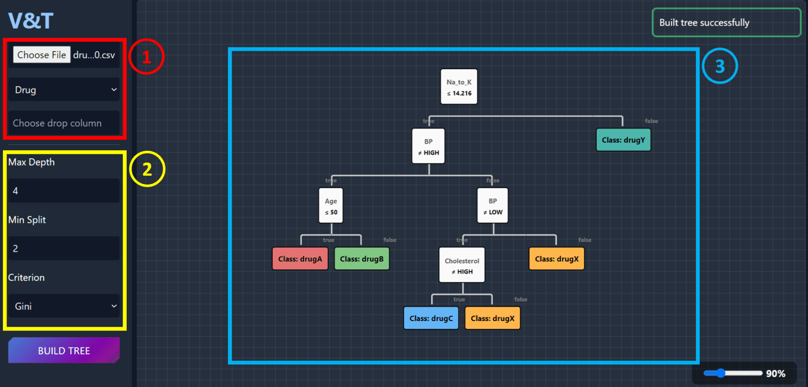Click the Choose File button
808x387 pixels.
tap(41, 55)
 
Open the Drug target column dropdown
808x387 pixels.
tap(64, 89)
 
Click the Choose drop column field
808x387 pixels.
tap(64, 123)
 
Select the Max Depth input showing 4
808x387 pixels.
tap(64, 191)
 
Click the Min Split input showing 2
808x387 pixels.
tap(64, 248)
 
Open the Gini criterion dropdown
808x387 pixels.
tap(64, 306)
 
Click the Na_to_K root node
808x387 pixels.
tap(459, 87)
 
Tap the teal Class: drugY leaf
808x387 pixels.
tap(623, 140)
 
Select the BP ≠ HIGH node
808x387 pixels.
tap(428, 146)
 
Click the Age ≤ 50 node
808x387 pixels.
tap(331, 205)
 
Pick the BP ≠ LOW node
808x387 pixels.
tap(492, 205)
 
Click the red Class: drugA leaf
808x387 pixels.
tap(300, 258)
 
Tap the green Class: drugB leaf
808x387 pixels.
tap(361, 258)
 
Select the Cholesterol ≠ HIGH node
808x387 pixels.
tap(462, 265)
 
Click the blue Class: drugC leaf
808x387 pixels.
tap(431, 318)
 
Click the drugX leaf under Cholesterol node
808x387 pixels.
tap(492, 318)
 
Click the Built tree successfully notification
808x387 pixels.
tap(726, 23)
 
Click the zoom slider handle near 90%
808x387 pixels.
tap(720, 373)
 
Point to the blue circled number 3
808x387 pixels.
tap(719, 66)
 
